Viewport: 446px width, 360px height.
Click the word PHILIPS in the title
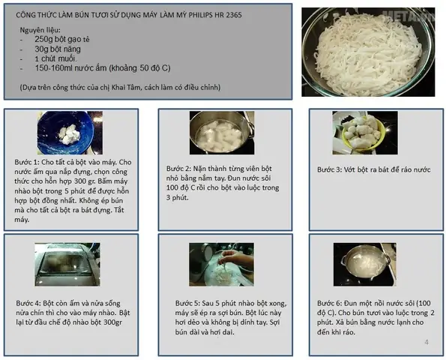(x=200, y=15)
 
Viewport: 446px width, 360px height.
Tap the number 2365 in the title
(x=234, y=15)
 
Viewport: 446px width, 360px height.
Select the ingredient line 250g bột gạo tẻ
(x=62, y=39)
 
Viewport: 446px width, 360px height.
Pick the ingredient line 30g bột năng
(x=58, y=49)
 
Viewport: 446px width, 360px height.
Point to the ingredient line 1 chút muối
(x=55, y=58)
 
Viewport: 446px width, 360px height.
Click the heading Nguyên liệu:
(x=40, y=30)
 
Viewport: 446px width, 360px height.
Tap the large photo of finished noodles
(x=368, y=52)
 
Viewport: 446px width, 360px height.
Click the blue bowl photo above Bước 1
(x=70, y=133)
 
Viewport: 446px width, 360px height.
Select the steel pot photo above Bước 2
(x=222, y=133)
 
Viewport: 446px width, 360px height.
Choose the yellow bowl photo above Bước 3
(x=365, y=133)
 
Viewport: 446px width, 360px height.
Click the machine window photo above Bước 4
(x=67, y=265)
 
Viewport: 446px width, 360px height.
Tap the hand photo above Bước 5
(x=222, y=265)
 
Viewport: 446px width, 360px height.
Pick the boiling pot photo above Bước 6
(x=364, y=265)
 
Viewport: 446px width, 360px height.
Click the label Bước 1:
(x=27, y=162)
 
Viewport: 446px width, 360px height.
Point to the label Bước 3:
(x=329, y=169)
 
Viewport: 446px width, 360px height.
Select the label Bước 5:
(x=187, y=303)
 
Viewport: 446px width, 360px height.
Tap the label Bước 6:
(x=329, y=303)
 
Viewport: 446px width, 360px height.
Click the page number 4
(x=427, y=342)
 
